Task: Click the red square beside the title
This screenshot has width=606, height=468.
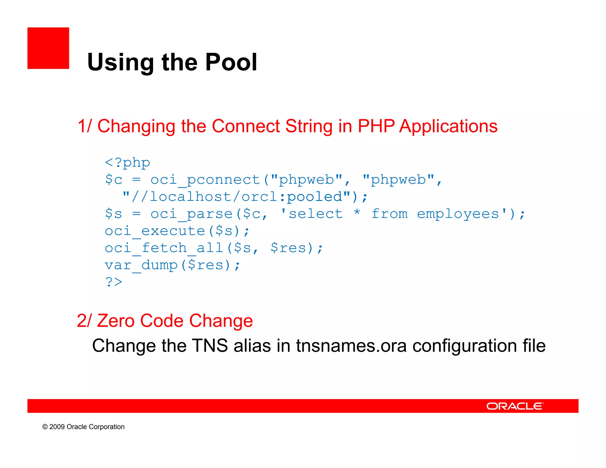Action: click(x=48, y=48)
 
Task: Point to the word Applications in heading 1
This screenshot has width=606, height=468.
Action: click(x=448, y=126)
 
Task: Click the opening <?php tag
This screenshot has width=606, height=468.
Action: click(x=128, y=163)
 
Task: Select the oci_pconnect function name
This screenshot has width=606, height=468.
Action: click(x=205, y=180)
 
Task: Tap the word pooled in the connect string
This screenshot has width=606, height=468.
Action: click(x=315, y=197)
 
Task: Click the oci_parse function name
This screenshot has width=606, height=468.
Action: click(x=191, y=214)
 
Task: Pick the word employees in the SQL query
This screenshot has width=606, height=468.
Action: click(x=458, y=214)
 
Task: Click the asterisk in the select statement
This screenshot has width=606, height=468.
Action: click(x=357, y=213)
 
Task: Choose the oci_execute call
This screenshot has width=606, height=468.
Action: click(x=155, y=231)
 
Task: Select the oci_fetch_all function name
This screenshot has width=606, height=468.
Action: click(x=164, y=248)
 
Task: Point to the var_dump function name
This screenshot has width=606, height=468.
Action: click(x=141, y=265)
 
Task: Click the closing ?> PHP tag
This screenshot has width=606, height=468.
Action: click(x=114, y=282)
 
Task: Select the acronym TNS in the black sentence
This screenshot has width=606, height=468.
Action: click(x=210, y=346)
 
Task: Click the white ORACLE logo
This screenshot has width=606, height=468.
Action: click(x=515, y=406)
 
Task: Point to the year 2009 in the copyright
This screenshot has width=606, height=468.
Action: click(x=57, y=427)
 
